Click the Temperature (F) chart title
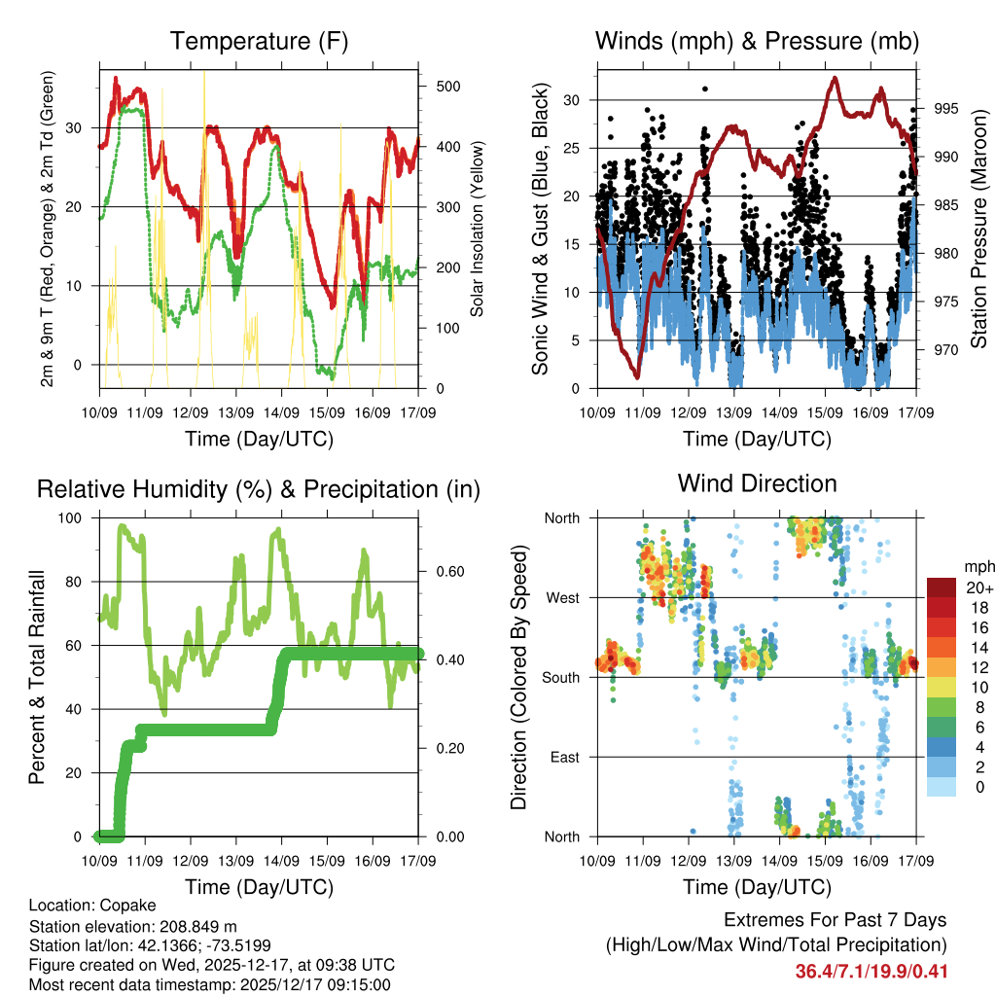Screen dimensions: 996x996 pyautogui.click(x=259, y=41)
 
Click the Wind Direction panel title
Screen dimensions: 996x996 pyautogui.click(x=757, y=482)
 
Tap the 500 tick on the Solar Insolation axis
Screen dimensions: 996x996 pyautogui.click(x=447, y=87)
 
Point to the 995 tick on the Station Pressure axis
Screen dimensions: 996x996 pyautogui.click(x=945, y=108)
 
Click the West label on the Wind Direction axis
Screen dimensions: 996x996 pyautogui.click(x=561, y=597)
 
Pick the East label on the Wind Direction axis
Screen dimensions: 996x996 pyautogui.click(x=563, y=757)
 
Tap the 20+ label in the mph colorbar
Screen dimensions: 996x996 pyautogui.click(x=977, y=587)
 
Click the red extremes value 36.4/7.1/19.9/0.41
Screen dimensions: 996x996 pyautogui.click(x=871, y=971)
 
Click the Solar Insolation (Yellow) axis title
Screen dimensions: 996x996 pyautogui.click(x=478, y=228)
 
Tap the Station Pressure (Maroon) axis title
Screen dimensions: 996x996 pyautogui.click(x=978, y=228)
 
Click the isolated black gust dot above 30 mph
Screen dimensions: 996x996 pyautogui.click(x=704, y=89)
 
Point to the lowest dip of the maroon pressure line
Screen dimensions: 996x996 pyautogui.click(x=636, y=376)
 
